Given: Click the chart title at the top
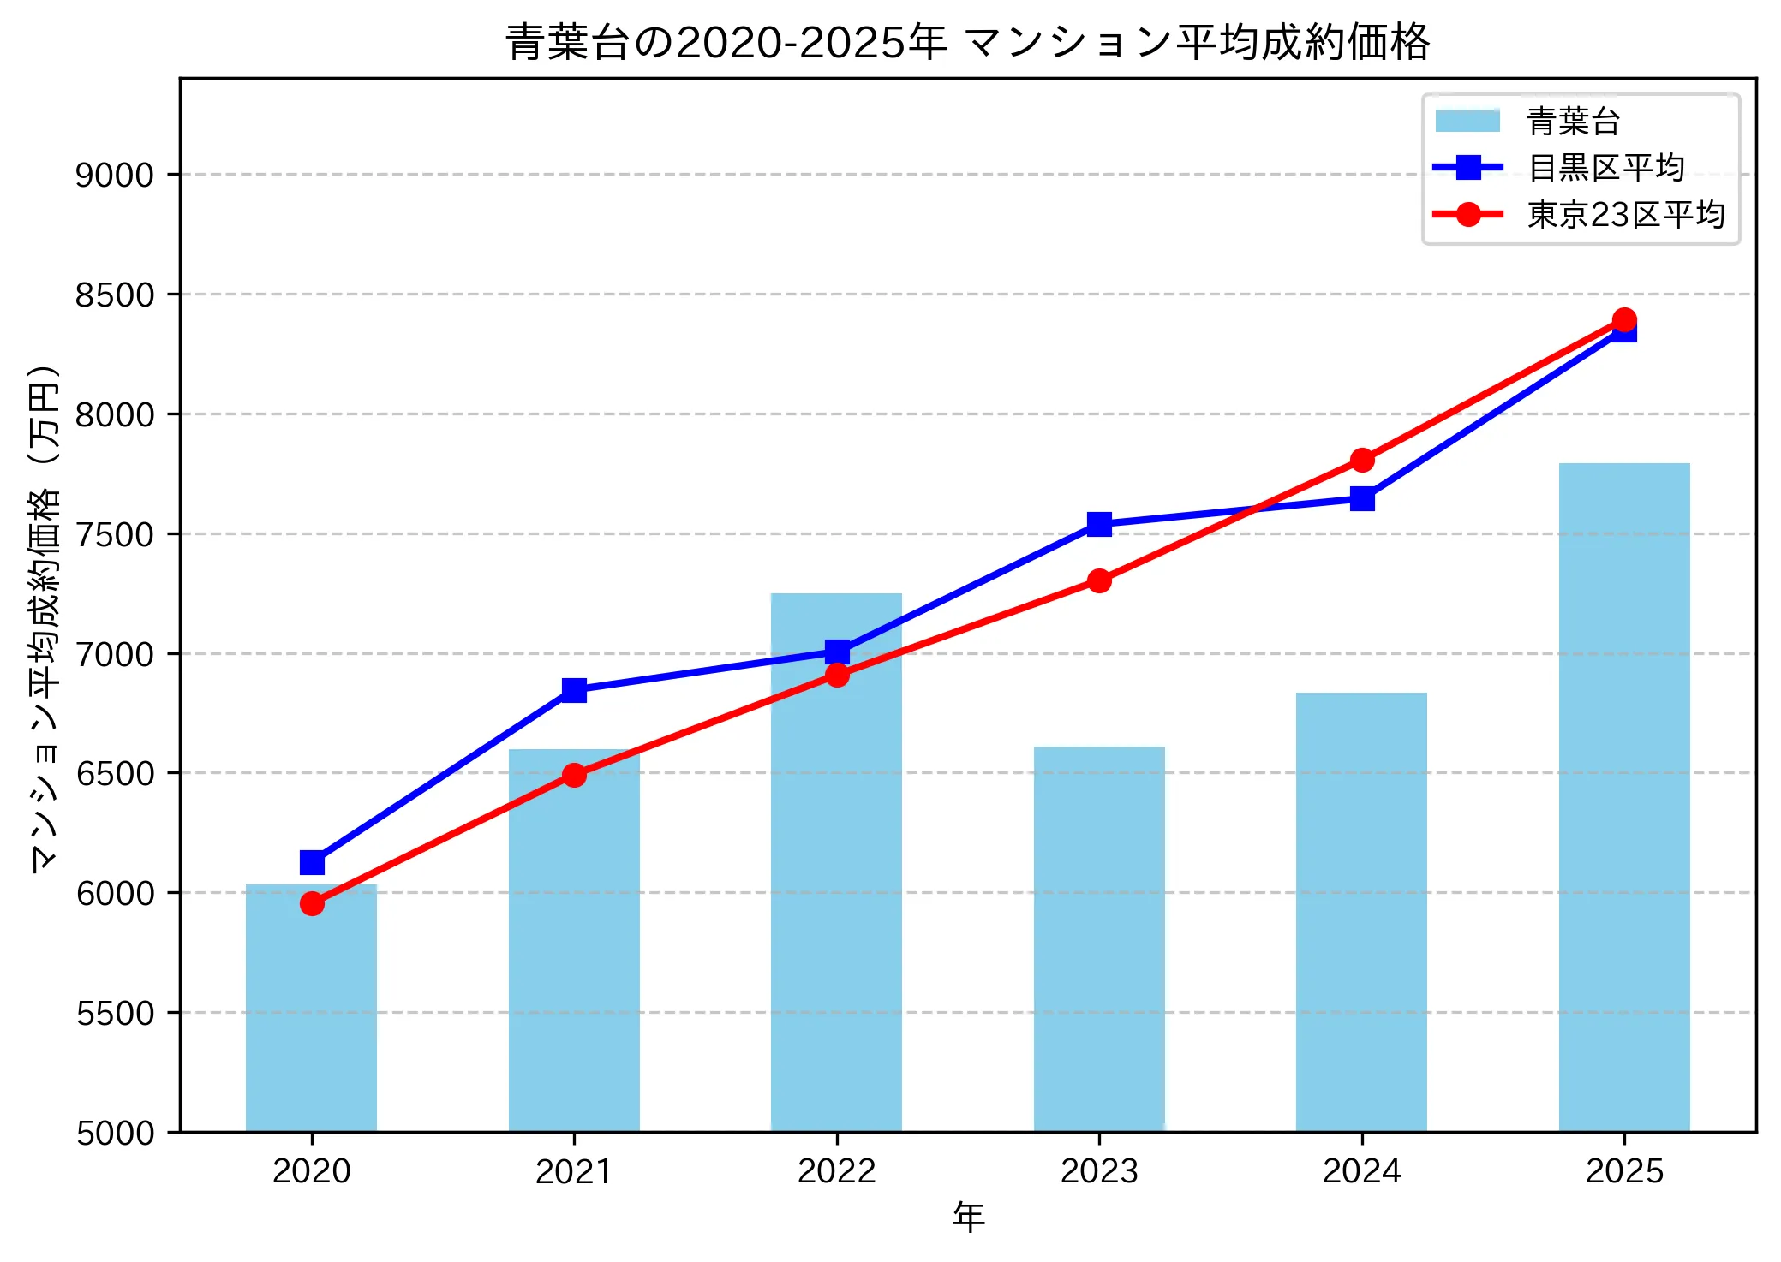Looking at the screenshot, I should click(967, 42).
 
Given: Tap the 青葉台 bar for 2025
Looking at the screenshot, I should click(1623, 796).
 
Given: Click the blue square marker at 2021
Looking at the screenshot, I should click(574, 690).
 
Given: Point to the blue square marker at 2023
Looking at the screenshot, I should click(1099, 524).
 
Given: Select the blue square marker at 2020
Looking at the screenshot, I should click(312, 862).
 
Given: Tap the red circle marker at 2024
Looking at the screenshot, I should click(1362, 461).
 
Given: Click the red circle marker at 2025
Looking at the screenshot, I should click(1624, 320).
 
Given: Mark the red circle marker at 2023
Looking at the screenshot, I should click(1099, 581).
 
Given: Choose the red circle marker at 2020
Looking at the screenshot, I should click(312, 904).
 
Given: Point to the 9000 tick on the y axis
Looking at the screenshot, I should click(114, 175).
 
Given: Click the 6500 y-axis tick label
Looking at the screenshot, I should click(114, 773).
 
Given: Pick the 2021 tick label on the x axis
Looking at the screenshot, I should click(574, 1171).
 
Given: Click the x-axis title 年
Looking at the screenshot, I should click(968, 1217).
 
